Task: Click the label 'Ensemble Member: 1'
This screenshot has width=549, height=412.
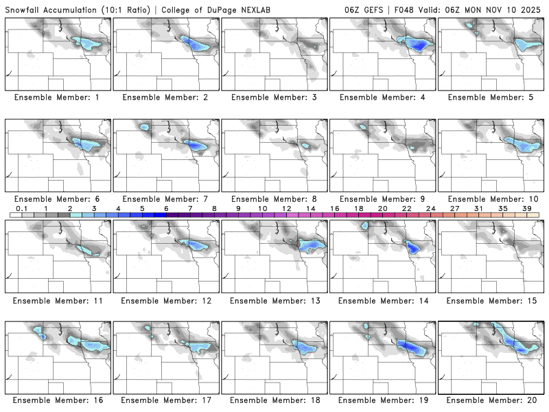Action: pyautogui.click(x=57, y=98)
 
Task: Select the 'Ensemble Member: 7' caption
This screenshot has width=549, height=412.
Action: pyautogui.click(x=165, y=199)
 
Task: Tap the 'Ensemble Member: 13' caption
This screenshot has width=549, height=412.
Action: pyautogui.click(x=273, y=301)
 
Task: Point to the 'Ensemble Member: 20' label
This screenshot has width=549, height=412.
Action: pyautogui.click(x=491, y=400)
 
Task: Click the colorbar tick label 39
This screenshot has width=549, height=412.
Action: pyautogui.click(x=527, y=209)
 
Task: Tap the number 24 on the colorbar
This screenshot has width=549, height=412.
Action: pyautogui.click(x=430, y=209)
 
